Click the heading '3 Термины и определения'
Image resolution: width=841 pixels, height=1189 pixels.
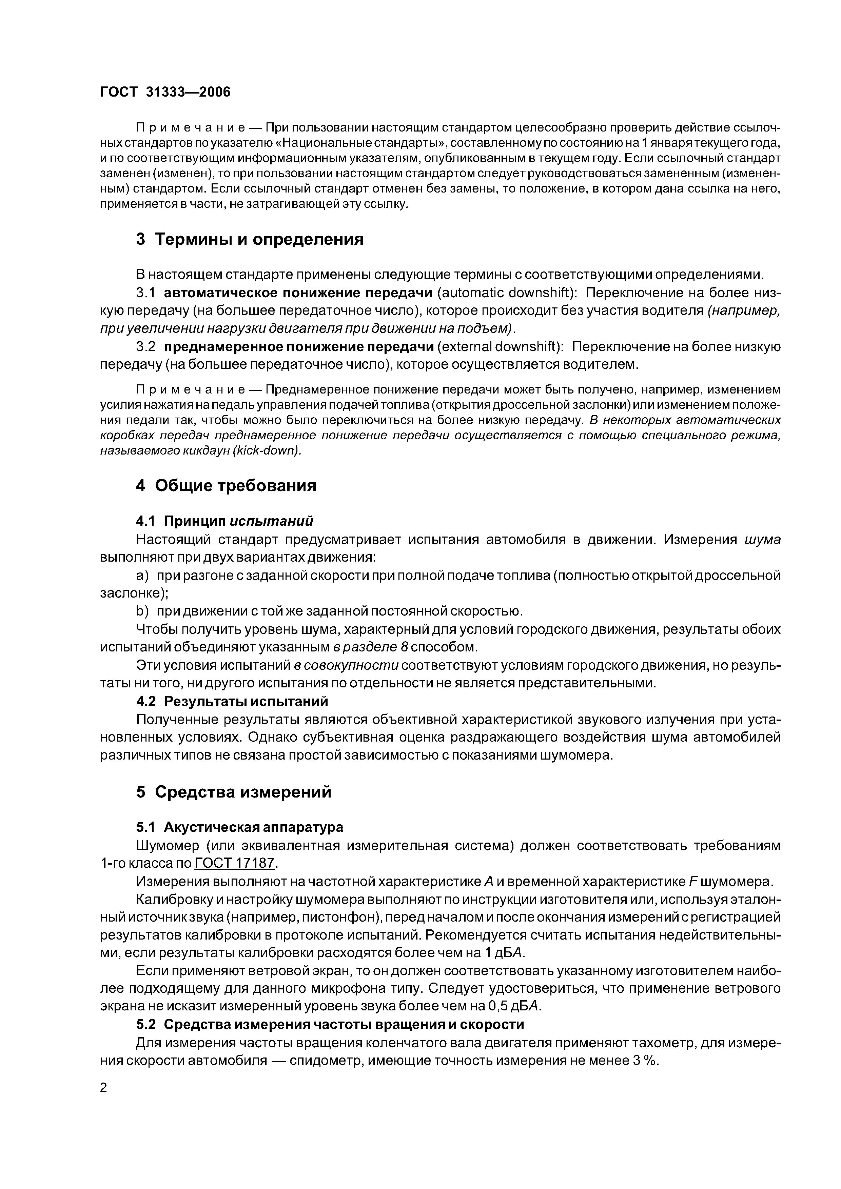[250, 239]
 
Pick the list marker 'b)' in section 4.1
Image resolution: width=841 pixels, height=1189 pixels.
[142, 611]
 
